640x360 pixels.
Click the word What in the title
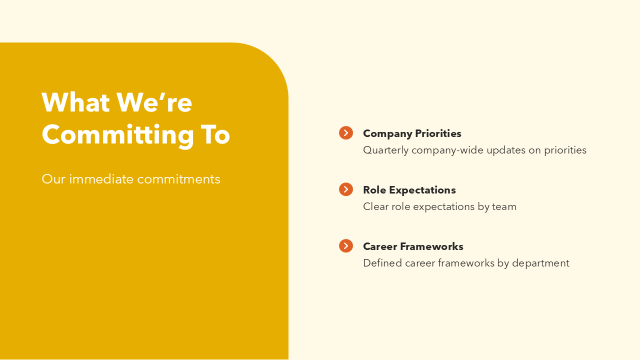75,102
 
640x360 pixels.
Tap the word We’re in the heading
154,102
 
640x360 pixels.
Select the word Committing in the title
117,135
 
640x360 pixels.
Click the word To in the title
215,134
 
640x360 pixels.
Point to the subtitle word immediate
101,179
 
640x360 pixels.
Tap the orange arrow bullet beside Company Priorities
346,133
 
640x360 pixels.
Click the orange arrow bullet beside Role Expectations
346,189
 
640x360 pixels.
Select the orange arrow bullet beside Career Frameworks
346,246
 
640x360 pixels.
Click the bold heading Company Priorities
412,133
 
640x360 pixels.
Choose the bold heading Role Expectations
409,190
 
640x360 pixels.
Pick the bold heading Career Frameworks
413,246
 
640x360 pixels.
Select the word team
504,206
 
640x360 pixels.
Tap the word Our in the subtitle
53,179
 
